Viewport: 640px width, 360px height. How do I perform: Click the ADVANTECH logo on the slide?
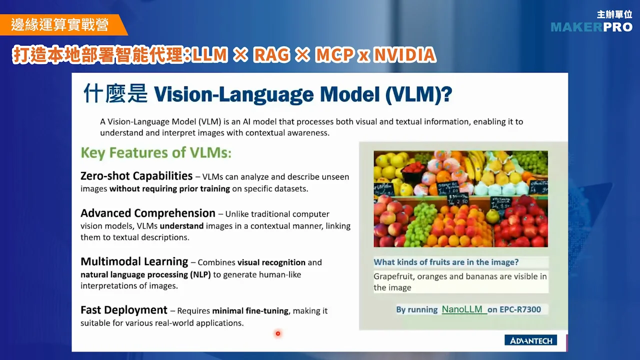point(530,340)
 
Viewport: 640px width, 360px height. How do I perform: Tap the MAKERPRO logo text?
point(591,27)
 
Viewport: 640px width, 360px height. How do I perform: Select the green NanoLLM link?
point(464,309)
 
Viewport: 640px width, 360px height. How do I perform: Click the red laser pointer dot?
point(278,333)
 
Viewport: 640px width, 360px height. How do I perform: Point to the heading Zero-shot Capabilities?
point(136,176)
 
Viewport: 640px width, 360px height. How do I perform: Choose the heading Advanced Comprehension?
point(147,213)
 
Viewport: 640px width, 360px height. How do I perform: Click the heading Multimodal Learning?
point(134,261)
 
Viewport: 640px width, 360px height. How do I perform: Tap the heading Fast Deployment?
point(123,310)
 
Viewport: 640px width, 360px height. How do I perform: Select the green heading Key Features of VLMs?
point(156,152)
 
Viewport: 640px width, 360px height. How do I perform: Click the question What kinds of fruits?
point(446,262)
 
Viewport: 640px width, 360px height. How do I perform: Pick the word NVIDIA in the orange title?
point(404,54)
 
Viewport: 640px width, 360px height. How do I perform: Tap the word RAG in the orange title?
point(271,54)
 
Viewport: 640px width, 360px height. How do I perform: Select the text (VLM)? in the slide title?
point(418,94)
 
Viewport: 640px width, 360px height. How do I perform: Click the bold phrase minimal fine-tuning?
point(250,311)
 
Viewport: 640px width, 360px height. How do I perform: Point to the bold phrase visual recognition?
point(271,262)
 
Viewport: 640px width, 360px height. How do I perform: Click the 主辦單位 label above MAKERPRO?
point(614,14)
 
